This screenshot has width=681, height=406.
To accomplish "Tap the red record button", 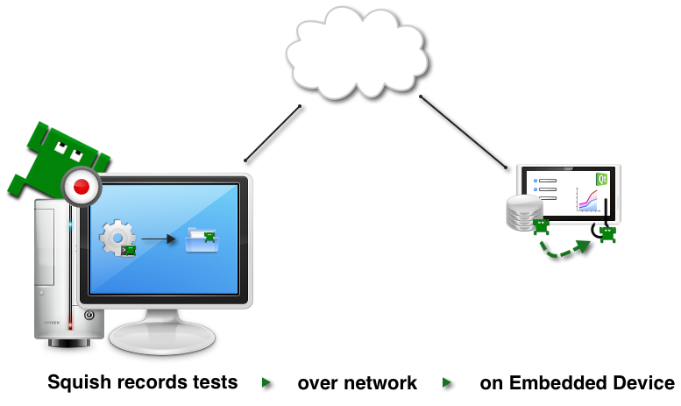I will click(x=82, y=187).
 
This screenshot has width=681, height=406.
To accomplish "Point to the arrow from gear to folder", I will click(x=158, y=238).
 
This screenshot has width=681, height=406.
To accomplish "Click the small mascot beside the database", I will click(x=541, y=225).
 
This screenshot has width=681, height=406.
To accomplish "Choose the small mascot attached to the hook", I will click(x=607, y=233).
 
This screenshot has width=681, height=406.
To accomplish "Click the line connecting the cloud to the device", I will click(x=463, y=132).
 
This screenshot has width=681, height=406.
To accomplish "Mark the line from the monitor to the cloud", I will click(x=273, y=133).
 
